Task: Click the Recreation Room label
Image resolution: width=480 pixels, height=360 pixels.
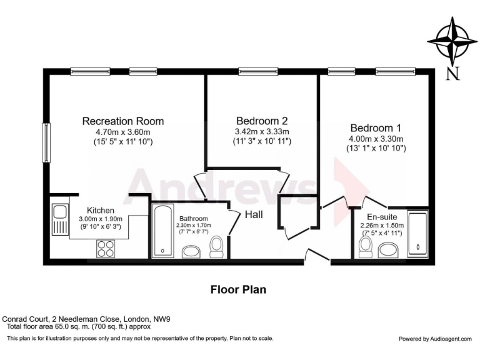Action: tap(123, 121)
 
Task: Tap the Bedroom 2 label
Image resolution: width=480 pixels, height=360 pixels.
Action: tap(262, 121)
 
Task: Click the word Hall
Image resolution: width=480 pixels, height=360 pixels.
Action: tap(254, 214)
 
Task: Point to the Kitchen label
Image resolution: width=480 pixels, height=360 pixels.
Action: tap(100, 210)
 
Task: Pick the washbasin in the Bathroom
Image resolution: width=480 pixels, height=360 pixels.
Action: tap(191, 251)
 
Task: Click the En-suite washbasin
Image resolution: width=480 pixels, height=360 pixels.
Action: tap(389, 251)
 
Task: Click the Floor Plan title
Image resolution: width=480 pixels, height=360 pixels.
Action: tap(238, 289)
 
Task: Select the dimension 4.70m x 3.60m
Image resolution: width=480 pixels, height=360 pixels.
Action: tap(123, 132)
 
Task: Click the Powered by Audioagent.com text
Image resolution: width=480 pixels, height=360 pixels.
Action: tap(435, 339)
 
